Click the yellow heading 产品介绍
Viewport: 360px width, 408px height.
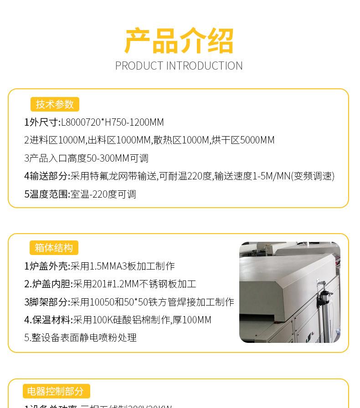click(179, 41)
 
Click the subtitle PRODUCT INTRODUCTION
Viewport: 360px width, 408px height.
click(179, 66)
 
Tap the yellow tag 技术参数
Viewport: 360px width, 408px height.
click(55, 104)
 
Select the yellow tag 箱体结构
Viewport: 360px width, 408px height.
click(54, 248)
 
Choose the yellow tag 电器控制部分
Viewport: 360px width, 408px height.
click(56, 391)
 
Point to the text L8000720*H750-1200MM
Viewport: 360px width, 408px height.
click(112, 122)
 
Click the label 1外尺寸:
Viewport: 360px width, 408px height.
click(42, 122)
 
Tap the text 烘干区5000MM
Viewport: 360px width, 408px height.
click(243, 140)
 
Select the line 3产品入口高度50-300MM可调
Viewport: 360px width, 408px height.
click(86, 158)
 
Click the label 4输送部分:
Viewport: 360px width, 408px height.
click(47, 176)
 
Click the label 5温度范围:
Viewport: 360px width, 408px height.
click(47, 194)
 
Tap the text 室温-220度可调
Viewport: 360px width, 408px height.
click(103, 194)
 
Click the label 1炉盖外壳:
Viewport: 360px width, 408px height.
click(47, 266)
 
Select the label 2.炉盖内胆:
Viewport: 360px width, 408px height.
click(48, 284)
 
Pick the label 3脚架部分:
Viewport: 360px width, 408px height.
click(47, 302)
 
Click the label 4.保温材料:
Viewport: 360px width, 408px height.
click(48, 320)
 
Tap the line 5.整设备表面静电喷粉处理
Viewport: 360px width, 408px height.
click(80, 338)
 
